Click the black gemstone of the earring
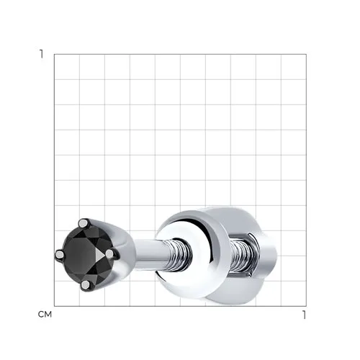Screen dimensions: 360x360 point(88,255)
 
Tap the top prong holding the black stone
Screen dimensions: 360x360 point(84,223)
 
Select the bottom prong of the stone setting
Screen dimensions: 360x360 point(86,285)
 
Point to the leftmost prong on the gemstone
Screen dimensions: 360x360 point(59,254)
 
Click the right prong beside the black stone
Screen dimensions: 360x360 point(109,254)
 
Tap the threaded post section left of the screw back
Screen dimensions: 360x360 point(179,255)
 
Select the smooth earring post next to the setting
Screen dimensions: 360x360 point(150,254)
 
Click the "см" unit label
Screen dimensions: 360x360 point(45,315)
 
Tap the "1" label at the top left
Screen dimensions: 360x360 point(42,54)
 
